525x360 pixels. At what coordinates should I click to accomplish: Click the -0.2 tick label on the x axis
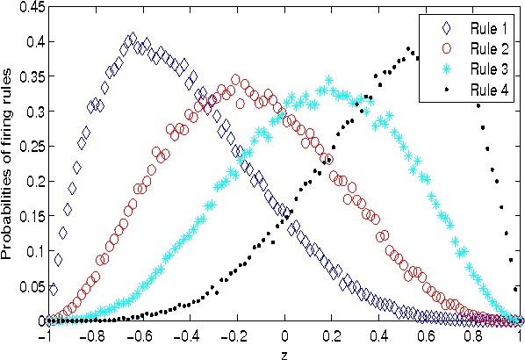coord(235,335)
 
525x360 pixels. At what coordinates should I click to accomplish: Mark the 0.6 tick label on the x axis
coord(427,335)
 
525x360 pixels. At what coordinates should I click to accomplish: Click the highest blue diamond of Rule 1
coord(132,39)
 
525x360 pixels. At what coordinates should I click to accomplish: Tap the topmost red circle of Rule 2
coord(236,80)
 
